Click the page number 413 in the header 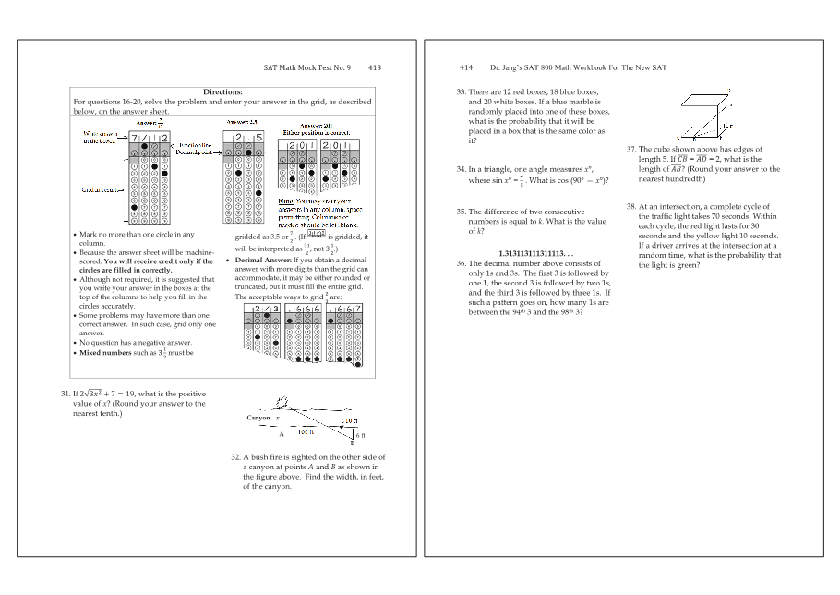pos(375,67)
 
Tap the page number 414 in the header pos(466,67)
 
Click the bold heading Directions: pos(222,92)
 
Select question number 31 pos(66,394)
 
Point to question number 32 pos(235,456)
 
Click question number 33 pos(461,92)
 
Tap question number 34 pos(461,169)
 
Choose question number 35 pos(461,212)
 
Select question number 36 pos(461,263)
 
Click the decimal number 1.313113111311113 pos(535,253)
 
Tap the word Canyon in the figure pos(258,418)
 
